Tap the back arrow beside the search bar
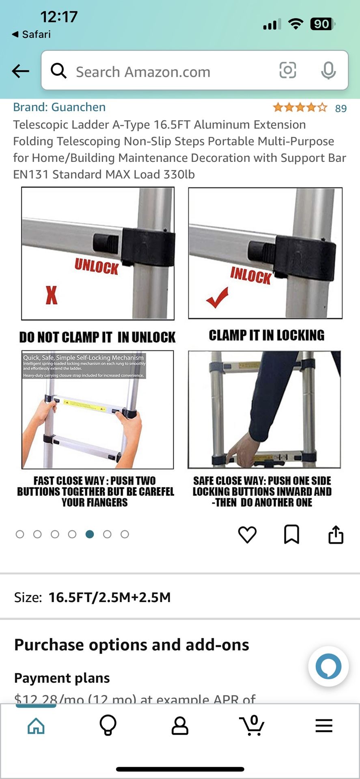pos(20,71)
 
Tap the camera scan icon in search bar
pos(287,71)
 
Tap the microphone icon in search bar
pos(328,71)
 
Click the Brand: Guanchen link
pos(59,107)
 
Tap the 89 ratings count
pos(341,108)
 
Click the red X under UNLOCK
pos(52,295)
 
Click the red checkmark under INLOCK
pos(217,297)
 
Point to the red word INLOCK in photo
pos(250,275)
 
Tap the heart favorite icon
pos(247,534)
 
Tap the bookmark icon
pos(291,534)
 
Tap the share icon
pos(336,534)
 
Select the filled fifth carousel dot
pos(90,534)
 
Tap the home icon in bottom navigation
pos(36,726)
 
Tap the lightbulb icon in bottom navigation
pos(108,726)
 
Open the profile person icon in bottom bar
pos(180,726)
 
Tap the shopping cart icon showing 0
pos(252,726)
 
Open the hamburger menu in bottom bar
pos(324,726)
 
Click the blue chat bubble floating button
pos(328,666)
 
